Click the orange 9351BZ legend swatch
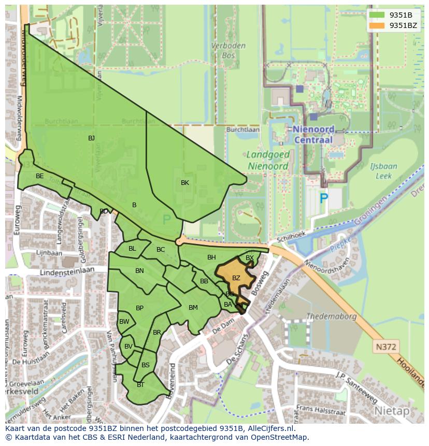coord(377,25)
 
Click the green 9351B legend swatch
coord(377,15)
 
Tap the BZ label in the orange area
coord(236,278)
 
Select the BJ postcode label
coord(91,138)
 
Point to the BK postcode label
coord(185,182)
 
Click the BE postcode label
coord(40,176)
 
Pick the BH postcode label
coord(211,257)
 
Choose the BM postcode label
coord(193,308)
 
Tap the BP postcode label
coord(139,308)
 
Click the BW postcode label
coord(124,322)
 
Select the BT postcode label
coord(140,385)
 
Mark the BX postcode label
coord(250,258)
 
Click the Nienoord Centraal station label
coord(314,134)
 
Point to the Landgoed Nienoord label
coord(267,161)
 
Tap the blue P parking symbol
coord(324,197)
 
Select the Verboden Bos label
coord(228,50)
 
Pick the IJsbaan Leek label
coord(384,171)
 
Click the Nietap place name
coord(391,411)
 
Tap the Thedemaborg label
coord(332,316)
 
